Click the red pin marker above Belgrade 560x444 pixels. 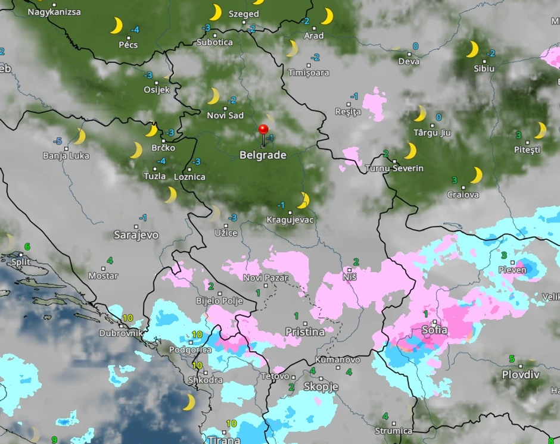pos(263,130)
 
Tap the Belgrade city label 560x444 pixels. pos(263,155)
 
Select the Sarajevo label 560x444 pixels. pos(136,235)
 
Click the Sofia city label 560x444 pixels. pos(434,330)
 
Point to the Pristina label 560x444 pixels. pos(305,332)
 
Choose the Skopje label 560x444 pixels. pos(321,387)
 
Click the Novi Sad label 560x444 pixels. pos(225,115)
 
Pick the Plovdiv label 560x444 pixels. pos(521,375)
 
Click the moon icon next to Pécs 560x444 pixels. pos(116,26)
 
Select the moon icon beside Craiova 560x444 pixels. pos(476,175)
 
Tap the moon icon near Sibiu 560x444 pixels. pos(472,49)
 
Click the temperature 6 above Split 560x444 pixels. pos(27,246)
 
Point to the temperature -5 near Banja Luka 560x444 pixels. pos(58,141)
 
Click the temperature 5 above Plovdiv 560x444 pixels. pos(512,359)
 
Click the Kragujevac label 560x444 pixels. pos(290,220)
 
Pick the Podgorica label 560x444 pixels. pos(190,350)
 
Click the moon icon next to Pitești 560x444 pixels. pos(540,130)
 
